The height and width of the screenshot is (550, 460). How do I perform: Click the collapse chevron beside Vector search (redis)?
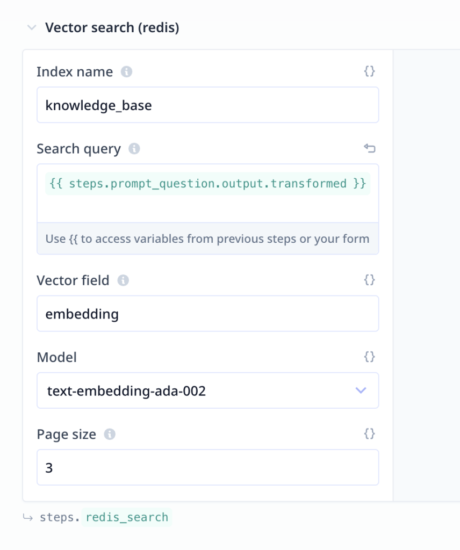coord(32,27)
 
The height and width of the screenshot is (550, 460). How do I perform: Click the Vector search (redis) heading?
coord(112,27)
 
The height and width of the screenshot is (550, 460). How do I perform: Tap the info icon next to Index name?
coord(126,71)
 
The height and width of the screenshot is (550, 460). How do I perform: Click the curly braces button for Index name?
coord(370,71)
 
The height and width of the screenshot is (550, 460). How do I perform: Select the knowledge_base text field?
coord(208,105)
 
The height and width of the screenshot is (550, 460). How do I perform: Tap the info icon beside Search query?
coord(134,149)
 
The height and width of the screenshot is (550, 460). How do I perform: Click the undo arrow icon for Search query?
coord(370,148)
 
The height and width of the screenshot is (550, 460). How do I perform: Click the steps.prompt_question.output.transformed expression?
coord(208,184)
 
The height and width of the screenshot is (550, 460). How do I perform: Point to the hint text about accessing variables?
coord(207,239)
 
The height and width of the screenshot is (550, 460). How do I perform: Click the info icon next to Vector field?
coord(123,280)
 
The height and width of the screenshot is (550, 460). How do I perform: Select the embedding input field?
coord(208,314)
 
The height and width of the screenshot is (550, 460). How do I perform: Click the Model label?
coord(57,357)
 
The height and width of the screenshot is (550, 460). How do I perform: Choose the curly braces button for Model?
coord(370,357)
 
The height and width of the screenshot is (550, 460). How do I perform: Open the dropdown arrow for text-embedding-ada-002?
coord(361,390)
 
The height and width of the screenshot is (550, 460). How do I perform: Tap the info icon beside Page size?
coord(110,434)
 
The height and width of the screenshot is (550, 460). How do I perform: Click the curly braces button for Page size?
coord(370,433)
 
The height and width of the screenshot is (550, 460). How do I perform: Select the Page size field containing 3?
coord(208,467)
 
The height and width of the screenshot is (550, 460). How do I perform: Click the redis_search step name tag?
coord(127,517)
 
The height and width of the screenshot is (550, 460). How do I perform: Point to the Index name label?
coord(75,71)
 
